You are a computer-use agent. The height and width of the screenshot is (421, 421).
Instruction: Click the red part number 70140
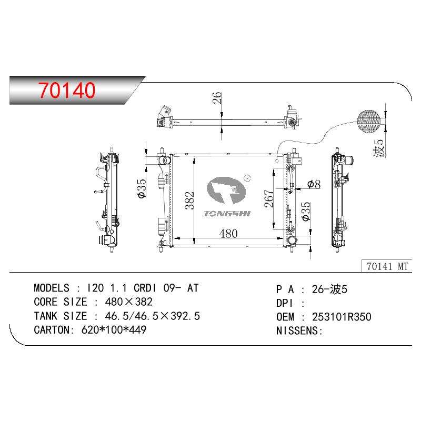coord(67,90)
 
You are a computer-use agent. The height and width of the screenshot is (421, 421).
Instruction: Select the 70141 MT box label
coord(387,266)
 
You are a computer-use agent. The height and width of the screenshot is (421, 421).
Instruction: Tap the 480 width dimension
coord(228,234)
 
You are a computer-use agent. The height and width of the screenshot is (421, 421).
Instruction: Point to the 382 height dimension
coord(189,201)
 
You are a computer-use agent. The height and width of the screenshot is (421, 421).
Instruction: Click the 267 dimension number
coord(269,199)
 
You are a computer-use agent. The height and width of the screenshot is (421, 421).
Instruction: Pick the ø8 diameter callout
coord(314,184)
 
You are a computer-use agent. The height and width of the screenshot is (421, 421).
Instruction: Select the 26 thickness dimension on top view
coord(217,98)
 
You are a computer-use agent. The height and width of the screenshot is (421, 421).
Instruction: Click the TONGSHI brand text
coord(227,214)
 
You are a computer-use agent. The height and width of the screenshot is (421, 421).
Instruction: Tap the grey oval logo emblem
coord(226,190)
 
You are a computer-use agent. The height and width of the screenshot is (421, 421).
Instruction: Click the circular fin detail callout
coord(369,122)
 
